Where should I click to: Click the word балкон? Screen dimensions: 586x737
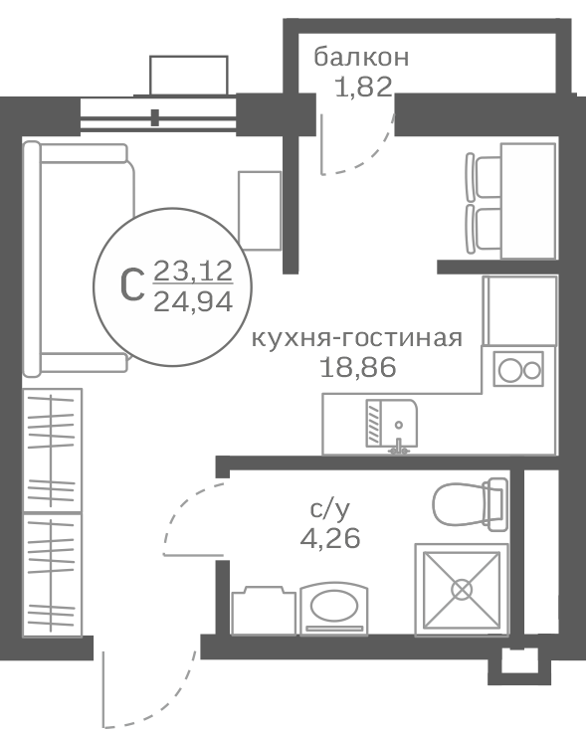pos(361,58)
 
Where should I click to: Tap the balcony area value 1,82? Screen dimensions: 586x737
pos(363,87)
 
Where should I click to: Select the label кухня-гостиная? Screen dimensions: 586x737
pos(357,338)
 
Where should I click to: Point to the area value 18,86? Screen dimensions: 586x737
pos(358,367)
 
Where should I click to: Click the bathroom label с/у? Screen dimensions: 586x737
pos(330,509)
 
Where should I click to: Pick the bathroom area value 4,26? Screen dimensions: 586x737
pos(330,538)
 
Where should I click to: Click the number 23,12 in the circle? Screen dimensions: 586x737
pos(193,272)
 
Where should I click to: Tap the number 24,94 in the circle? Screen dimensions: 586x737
pos(193,301)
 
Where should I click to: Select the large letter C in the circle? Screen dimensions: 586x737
pos(131,286)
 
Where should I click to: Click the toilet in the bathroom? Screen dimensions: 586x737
pos(471,504)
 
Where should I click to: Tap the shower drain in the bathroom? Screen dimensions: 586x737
pos(462,590)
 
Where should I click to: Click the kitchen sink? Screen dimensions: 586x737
pos(392,423)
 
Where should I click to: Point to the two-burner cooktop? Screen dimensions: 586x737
pos(518,369)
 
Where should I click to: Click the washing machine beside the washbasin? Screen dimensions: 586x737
pos(264,611)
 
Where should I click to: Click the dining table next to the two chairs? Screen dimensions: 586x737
pos(528,201)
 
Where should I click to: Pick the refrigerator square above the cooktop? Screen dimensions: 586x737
pos(520,310)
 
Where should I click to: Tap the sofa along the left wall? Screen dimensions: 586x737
pos(79,260)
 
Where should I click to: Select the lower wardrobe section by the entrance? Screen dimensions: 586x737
pos(52,575)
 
